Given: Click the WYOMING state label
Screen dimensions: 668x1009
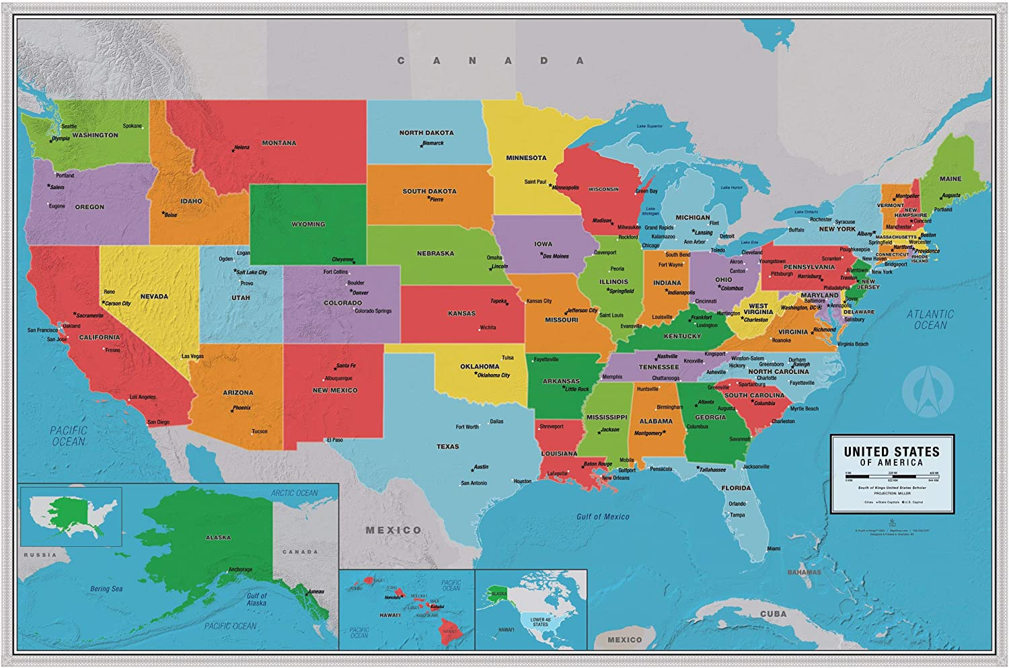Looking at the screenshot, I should tap(308, 224).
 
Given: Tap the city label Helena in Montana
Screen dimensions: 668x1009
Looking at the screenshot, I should tap(241, 147).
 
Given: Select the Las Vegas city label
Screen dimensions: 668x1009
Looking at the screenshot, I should tap(192, 357).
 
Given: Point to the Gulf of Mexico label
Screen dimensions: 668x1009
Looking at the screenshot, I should tap(603, 517).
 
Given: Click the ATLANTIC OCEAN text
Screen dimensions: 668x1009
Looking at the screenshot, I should tap(930, 320).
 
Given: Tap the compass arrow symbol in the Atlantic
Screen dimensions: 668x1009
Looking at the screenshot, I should tap(928, 391).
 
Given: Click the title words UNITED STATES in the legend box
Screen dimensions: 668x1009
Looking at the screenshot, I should tap(891, 452).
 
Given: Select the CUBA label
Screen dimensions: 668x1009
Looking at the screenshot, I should tap(773, 614).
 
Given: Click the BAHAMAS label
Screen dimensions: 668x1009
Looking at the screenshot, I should tap(804, 572).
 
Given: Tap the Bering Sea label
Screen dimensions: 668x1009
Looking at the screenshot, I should tap(106, 589).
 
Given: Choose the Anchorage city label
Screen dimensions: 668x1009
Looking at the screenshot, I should tap(240, 570).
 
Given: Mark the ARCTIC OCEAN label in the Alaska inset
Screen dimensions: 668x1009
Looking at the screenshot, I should tap(294, 493).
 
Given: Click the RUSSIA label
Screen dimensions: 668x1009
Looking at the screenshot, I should tap(40, 555).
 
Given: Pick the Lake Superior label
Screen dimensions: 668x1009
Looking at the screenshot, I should tap(649, 126).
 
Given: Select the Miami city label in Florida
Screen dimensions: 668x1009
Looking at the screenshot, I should tap(774, 549).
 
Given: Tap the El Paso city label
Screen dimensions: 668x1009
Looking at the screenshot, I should tap(334, 440).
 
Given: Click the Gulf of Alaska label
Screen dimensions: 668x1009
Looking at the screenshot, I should tap(256, 599).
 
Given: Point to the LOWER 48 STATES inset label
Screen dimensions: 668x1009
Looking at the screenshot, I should tap(540, 622).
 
